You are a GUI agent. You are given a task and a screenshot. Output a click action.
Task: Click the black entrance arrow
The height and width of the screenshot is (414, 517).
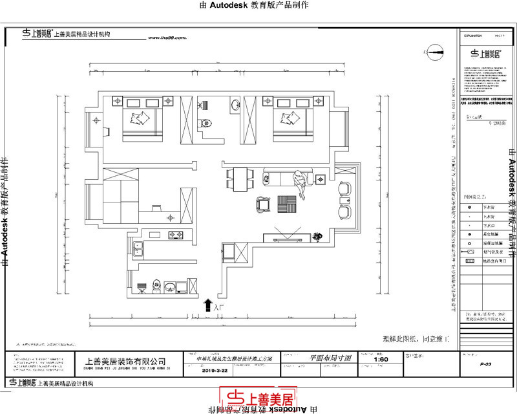208,304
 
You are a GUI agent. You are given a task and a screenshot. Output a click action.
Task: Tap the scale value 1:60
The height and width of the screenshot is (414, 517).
381,359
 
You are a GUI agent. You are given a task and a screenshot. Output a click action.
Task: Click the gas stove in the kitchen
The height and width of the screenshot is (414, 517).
176,235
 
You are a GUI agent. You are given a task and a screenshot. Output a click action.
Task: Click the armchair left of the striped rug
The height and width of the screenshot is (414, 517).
262,204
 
